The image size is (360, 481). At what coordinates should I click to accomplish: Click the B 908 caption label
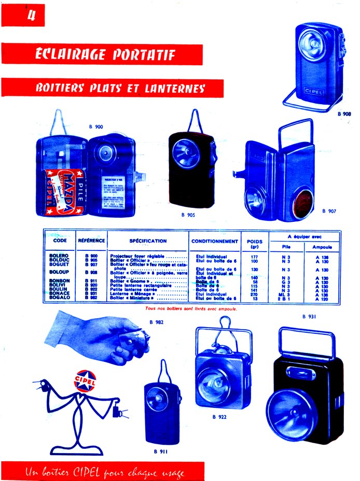coord(344,113)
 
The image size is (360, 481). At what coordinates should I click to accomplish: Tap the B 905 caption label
coord(188,214)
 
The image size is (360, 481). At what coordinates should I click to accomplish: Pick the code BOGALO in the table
coord(59,299)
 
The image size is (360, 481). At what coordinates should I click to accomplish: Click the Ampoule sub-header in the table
coord(322,247)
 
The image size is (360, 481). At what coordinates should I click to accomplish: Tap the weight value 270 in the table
coord(254,294)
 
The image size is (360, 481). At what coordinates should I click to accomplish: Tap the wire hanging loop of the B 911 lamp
coord(164,370)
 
